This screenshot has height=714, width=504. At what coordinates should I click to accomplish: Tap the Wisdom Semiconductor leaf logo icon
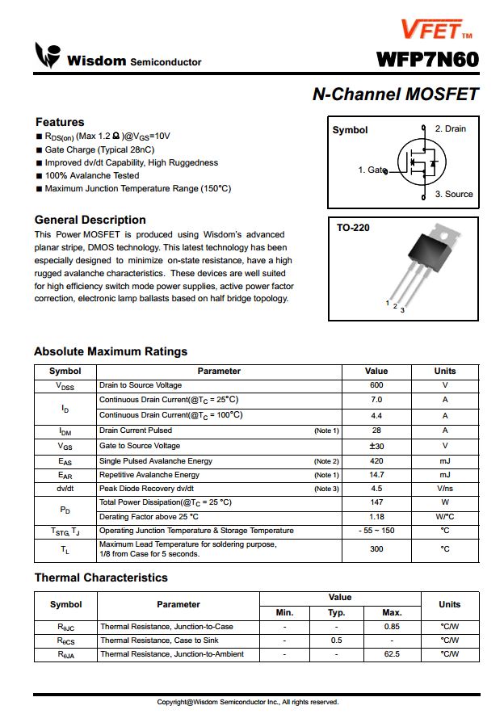(47, 56)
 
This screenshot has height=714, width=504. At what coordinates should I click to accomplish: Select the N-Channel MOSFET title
(395, 94)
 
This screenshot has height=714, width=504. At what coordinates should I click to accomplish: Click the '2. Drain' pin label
(450, 129)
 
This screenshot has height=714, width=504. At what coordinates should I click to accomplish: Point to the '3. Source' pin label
(453, 195)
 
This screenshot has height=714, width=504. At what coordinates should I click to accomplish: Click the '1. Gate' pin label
(371, 170)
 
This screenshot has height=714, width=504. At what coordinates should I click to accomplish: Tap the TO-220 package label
(353, 229)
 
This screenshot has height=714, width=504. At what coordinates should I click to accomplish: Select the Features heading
(60, 122)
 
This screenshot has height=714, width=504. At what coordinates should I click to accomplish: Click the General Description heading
(90, 220)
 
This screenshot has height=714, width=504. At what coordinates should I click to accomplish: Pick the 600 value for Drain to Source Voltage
(376, 385)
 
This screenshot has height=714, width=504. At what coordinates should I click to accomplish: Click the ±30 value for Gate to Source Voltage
(376, 446)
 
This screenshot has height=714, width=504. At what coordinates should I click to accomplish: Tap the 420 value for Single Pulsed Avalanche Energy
(376, 461)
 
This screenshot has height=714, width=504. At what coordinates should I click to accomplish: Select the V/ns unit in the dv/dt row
(445, 489)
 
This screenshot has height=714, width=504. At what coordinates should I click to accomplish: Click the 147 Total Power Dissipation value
(376, 502)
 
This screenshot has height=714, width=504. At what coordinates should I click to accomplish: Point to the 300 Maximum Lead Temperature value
(376, 549)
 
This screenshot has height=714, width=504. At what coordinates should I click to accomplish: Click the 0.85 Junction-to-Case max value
(392, 627)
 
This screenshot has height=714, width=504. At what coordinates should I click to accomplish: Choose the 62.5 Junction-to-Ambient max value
(392, 654)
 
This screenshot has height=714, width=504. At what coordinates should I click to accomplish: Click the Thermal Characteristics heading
(101, 577)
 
